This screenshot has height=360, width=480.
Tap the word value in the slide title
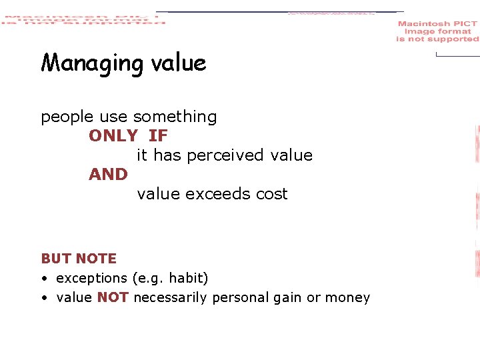click(x=178, y=63)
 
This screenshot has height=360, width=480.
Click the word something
click(x=175, y=117)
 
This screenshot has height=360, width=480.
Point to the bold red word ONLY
click(x=113, y=136)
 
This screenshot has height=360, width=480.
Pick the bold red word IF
click(x=158, y=136)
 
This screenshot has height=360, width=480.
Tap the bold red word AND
click(x=108, y=175)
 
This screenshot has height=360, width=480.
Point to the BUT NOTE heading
click(x=79, y=259)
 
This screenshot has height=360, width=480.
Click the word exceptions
click(x=91, y=278)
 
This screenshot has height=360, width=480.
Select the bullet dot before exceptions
click(x=43, y=278)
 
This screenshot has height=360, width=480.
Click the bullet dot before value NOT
click(x=43, y=298)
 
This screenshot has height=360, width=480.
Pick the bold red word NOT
click(x=113, y=298)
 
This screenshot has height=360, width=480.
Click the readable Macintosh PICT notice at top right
click(x=437, y=31)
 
